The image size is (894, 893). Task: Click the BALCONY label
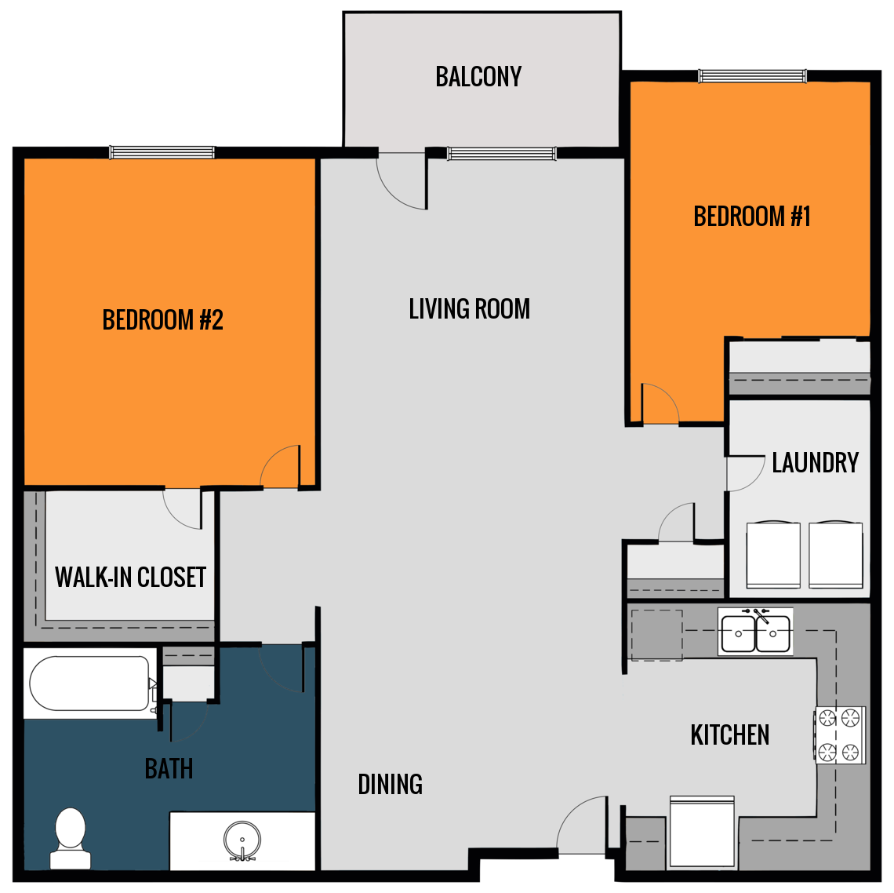click(478, 77)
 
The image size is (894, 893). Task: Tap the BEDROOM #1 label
click(751, 217)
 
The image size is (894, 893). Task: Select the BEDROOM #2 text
click(162, 320)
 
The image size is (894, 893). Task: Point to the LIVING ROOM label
click(469, 309)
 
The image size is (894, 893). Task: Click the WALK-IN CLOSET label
click(130, 578)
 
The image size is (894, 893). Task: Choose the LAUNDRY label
click(815, 463)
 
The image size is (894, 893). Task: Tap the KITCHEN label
click(729, 735)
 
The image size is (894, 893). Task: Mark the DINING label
click(390, 784)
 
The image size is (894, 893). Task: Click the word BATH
click(169, 769)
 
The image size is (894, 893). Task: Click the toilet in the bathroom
click(71, 837)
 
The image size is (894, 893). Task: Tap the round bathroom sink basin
click(242, 840)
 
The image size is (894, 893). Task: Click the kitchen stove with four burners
click(840, 735)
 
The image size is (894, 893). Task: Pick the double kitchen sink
click(755, 632)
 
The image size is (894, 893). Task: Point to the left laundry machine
click(772, 554)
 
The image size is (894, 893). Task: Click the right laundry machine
click(835, 554)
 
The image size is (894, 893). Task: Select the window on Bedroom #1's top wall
click(751, 76)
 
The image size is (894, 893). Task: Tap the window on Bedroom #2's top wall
click(162, 152)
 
